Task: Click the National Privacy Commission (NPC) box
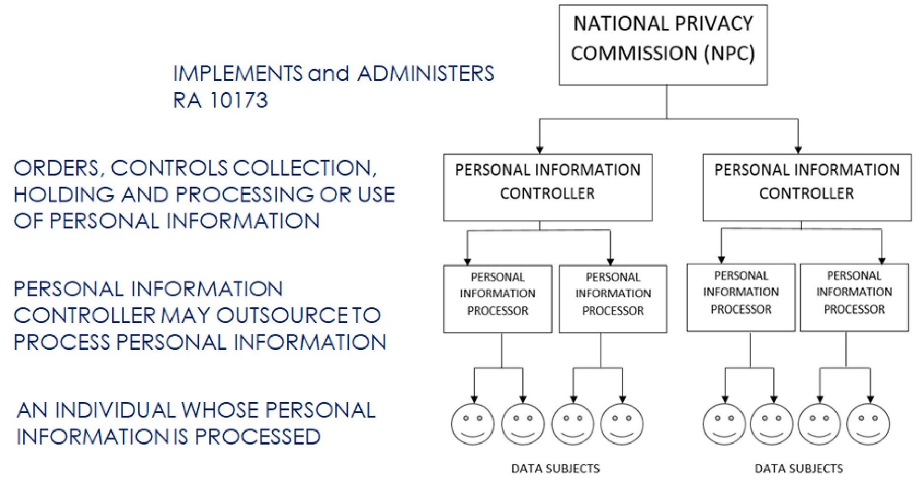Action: tap(663, 45)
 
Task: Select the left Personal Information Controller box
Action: tap(548, 187)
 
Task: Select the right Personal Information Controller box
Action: tap(807, 187)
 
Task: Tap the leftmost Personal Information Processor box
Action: tap(498, 299)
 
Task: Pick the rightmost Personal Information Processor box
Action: tap(854, 297)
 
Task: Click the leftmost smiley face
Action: tap(472, 424)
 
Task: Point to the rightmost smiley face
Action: tap(868, 424)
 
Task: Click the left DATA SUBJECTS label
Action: tap(555, 469)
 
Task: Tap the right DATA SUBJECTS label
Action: tap(799, 469)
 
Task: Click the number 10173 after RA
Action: tap(239, 100)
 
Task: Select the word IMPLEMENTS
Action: tap(238, 73)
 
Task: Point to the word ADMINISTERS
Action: tap(426, 73)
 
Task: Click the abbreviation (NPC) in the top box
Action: tap(729, 53)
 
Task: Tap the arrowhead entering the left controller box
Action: tap(540, 150)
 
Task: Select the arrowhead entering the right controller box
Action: tap(798, 150)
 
